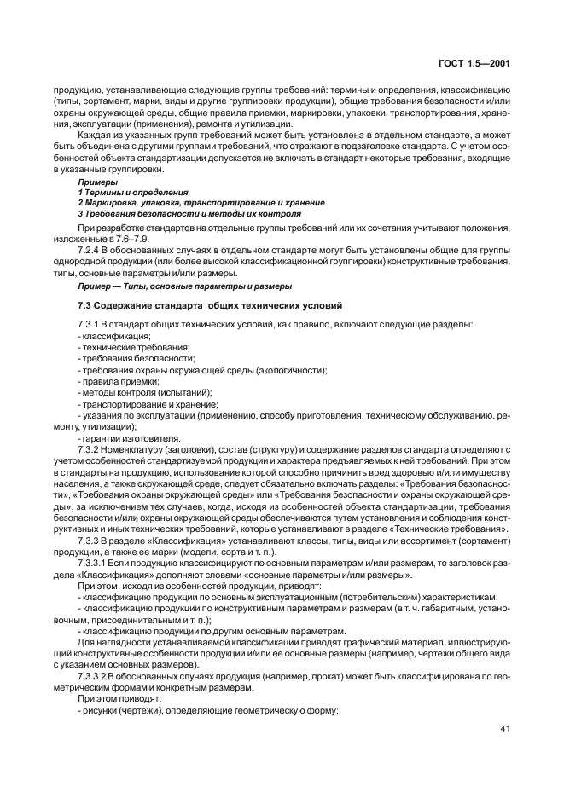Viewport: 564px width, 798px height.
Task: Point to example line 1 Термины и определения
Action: click(133, 193)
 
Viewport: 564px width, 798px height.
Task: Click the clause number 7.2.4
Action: click(90, 252)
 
